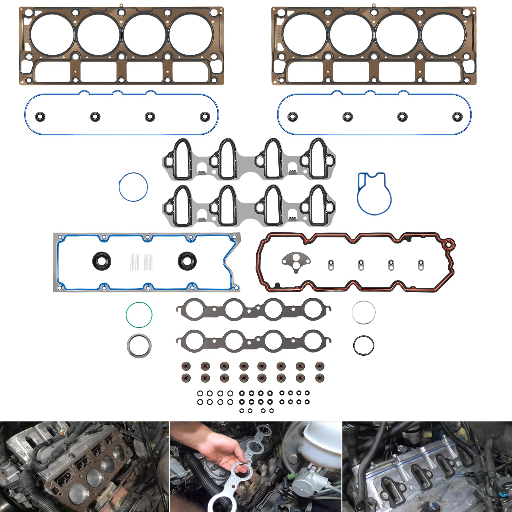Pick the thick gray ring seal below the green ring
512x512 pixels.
tap(139, 346)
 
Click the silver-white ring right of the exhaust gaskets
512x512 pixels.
tap(364, 312)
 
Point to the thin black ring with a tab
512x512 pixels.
tap(364, 346)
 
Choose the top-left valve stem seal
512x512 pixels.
tap(185, 366)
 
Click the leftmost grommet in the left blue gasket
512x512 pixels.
tap(40, 116)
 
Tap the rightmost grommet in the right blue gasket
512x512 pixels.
tap(458, 116)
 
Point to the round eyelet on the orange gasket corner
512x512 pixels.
tap(449, 245)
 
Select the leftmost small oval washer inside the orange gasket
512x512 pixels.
tap(331, 265)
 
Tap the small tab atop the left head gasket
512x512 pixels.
tap(121, 5)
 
